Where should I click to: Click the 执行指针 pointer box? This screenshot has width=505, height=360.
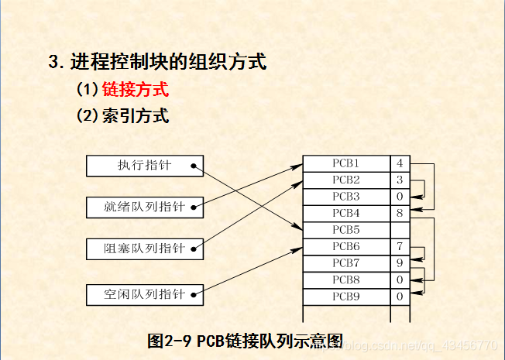146,165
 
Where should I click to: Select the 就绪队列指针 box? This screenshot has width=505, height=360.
146,207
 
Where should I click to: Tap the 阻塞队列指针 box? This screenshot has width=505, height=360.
146,249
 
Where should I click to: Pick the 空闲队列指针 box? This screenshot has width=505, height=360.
146,294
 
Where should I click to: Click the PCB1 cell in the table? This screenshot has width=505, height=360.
345,163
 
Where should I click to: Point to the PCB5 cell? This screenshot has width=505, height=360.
345,230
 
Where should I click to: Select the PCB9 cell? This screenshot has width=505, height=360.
345,297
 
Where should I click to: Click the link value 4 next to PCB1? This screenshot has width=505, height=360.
400,163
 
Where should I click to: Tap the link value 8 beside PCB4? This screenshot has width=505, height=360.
400,213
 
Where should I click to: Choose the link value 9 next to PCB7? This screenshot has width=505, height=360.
400,263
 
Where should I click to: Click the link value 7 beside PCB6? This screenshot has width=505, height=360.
400,246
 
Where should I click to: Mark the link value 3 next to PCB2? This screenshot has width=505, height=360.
400,180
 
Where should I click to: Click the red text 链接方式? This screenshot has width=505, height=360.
136,89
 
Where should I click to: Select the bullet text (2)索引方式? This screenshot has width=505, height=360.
122,116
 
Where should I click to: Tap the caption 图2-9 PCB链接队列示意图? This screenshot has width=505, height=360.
245,341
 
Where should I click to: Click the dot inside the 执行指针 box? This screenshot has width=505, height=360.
192,165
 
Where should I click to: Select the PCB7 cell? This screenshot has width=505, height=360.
345,263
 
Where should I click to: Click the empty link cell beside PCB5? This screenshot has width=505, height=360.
400,230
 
